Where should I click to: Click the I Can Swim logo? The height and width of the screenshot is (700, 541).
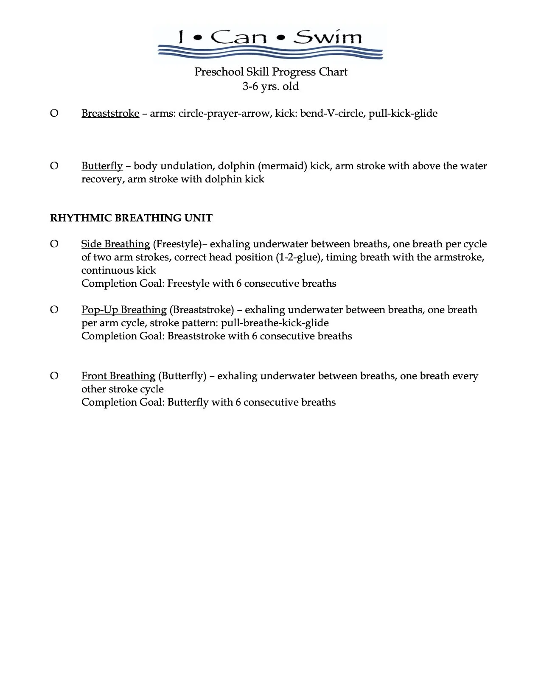click(270, 42)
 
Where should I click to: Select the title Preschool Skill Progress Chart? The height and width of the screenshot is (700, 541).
click(271, 72)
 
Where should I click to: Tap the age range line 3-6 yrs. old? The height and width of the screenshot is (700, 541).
click(271, 86)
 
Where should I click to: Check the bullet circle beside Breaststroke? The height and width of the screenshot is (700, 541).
click(54, 113)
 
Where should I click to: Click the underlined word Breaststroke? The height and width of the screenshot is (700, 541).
click(110, 113)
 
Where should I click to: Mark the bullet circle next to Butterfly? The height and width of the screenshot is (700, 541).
click(54, 166)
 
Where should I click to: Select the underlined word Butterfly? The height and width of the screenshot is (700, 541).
click(102, 166)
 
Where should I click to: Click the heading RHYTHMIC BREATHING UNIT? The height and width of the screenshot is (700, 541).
click(131, 218)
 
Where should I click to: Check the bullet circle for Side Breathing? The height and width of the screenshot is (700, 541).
click(54, 244)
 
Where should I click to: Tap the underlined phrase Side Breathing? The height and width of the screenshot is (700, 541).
click(115, 244)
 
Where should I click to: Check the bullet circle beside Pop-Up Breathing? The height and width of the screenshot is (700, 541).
click(54, 310)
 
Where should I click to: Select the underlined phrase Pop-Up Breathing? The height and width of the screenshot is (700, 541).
click(124, 310)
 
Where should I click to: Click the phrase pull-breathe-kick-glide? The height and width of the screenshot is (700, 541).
click(275, 323)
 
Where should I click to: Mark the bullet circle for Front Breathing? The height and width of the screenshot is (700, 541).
click(54, 376)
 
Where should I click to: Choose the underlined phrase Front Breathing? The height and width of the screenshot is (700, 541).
click(118, 376)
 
